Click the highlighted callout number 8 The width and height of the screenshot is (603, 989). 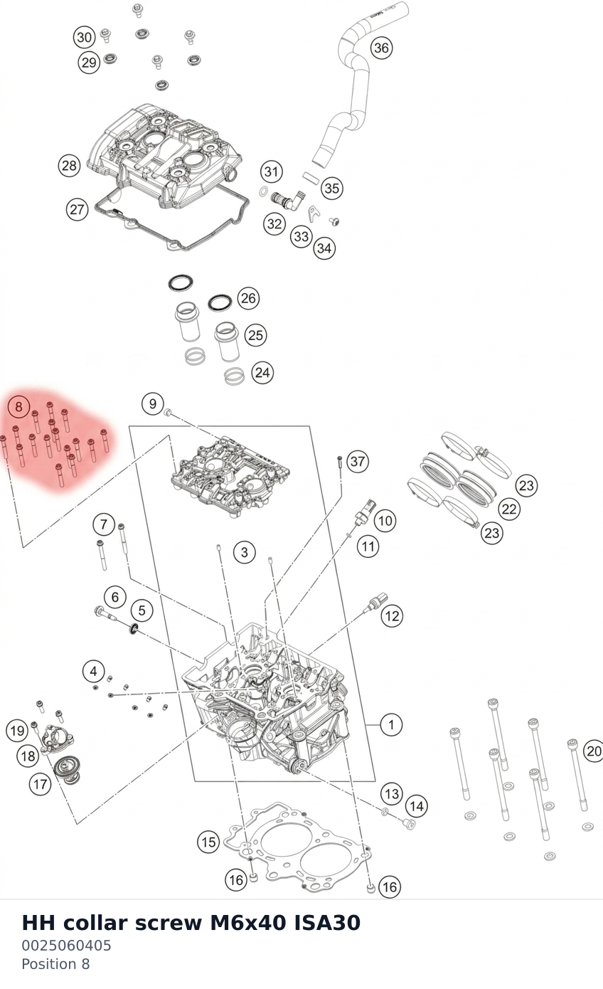coord(18,406)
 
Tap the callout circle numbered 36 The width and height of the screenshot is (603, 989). coord(382,48)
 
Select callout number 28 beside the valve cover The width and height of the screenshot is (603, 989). coord(69,166)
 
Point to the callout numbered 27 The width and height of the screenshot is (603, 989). coord(78,209)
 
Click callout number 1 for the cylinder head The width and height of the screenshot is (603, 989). coord(391,724)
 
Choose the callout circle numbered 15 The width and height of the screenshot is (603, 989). coord(208,842)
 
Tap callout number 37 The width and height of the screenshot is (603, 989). coord(357,461)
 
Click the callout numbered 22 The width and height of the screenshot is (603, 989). coord(509,509)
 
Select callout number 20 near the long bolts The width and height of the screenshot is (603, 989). coord(594,751)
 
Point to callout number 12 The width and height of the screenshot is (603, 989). coord(392,615)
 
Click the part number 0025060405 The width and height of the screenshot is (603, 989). coord(67,946)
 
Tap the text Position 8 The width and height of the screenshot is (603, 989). coord(55,964)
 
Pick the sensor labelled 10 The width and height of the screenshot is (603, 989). coord(365,512)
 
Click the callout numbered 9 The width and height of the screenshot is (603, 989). coord(153,403)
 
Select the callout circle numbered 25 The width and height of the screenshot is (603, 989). coord(256,335)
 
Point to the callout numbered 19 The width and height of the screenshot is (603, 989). coord(17,731)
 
